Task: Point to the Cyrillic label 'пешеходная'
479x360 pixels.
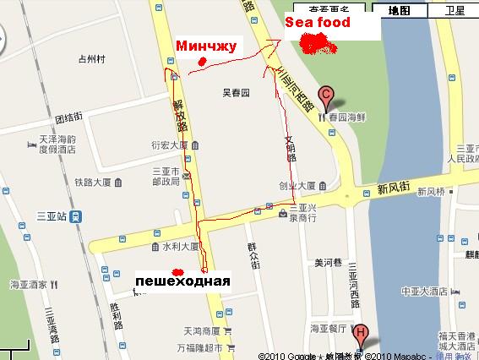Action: pyautogui.click(x=182, y=280)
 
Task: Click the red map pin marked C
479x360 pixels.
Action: pyautogui.click(x=324, y=95)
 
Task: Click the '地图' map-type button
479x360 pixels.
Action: pyautogui.click(x=399, y=11)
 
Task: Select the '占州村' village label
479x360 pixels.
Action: pyautogui.click(x=90, y=59)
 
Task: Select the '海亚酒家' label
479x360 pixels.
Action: pyautogui.click(x=27, y=286)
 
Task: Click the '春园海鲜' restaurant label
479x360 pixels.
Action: pyautogui.click(x=347, y=112)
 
